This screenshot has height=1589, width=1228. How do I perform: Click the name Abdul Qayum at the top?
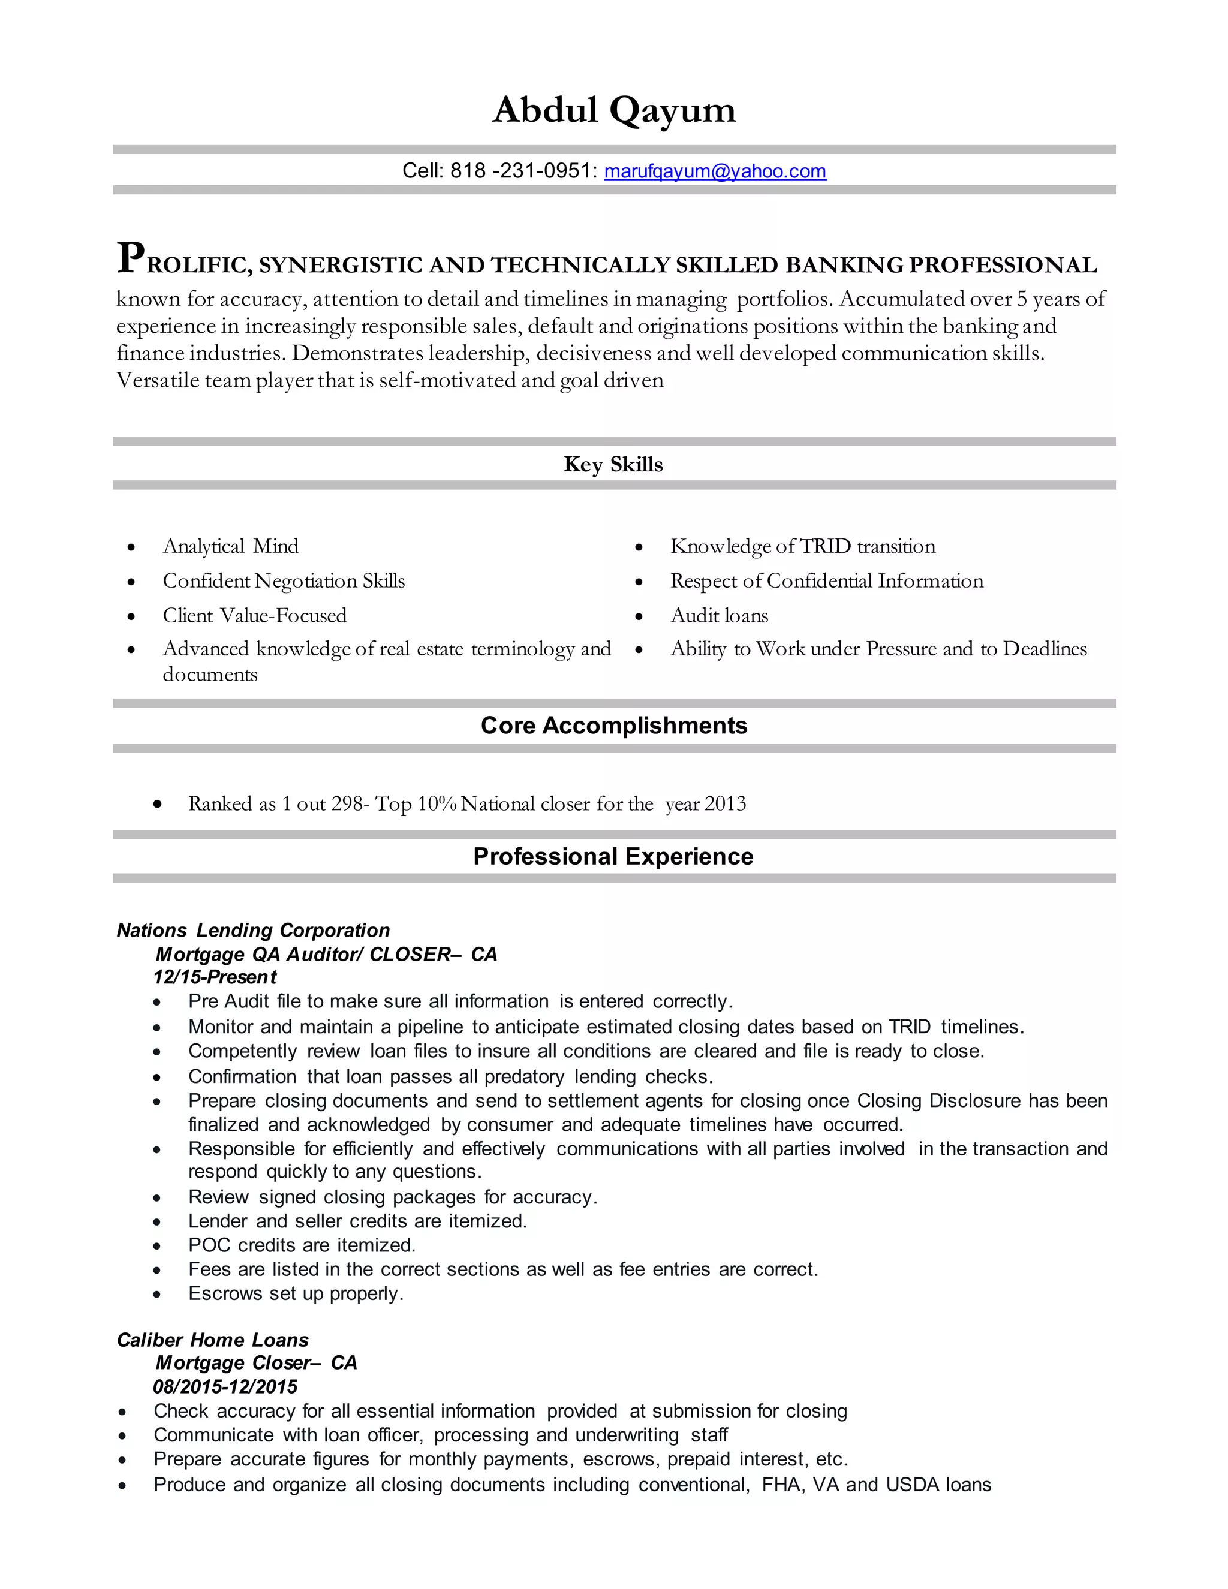[x=614, y=110]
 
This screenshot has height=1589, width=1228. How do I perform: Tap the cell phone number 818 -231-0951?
[x=523, y=171]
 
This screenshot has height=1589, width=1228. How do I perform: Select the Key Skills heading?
[x=613, y=464]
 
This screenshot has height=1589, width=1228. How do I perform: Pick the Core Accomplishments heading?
[x=614, y=726]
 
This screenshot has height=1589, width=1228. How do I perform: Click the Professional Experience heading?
[x=613, y=856]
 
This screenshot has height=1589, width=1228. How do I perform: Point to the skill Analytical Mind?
[x=231, y=546]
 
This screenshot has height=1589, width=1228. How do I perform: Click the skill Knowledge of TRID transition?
[x=802, y=546]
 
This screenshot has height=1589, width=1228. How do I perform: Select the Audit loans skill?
[x=719, y=616]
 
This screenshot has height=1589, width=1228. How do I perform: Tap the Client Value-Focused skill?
[x=255, y=616]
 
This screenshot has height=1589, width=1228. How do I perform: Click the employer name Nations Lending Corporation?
[x=253, y=931]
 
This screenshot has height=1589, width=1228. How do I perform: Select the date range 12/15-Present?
[x=215, y=977]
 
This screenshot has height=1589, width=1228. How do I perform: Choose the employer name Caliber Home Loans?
[x=212, y=1340]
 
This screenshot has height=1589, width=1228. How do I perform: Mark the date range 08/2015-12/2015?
[x=225, y=1387]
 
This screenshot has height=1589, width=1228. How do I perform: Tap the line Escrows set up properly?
[x=296, y=1293]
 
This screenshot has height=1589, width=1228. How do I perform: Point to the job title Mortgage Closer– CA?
[x=256, y=1363]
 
